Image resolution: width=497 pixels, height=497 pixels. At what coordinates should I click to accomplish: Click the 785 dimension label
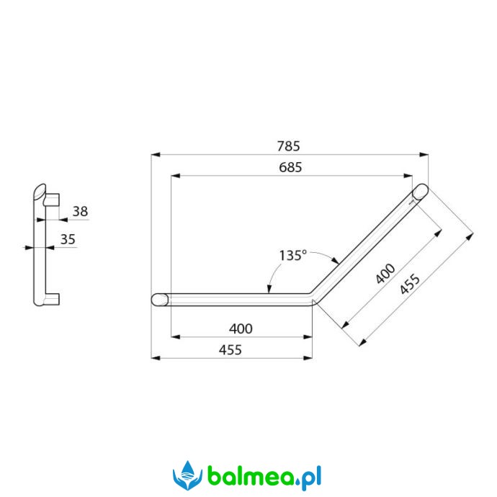[x=288, y=146]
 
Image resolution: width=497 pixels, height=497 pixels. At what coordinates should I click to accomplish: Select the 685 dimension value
[x=290, y=167]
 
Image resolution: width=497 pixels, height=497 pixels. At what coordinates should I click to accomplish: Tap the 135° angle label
[x=293, y=255]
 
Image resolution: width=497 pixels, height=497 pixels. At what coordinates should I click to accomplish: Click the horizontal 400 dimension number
[x=241, y=328]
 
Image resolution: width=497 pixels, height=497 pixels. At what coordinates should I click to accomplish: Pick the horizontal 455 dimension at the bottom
[x=230, y=350]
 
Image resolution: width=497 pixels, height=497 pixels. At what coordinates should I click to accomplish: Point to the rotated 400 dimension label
[x=385, y=274]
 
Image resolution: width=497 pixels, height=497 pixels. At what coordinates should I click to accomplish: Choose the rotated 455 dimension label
[x=410, y=284]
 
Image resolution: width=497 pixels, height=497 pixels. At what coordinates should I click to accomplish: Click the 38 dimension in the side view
[x=80, y=212]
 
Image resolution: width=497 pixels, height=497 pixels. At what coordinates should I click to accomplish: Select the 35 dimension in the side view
[x=68, y=239]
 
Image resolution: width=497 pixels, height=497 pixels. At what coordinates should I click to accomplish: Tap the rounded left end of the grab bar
[x=159, y=300]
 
